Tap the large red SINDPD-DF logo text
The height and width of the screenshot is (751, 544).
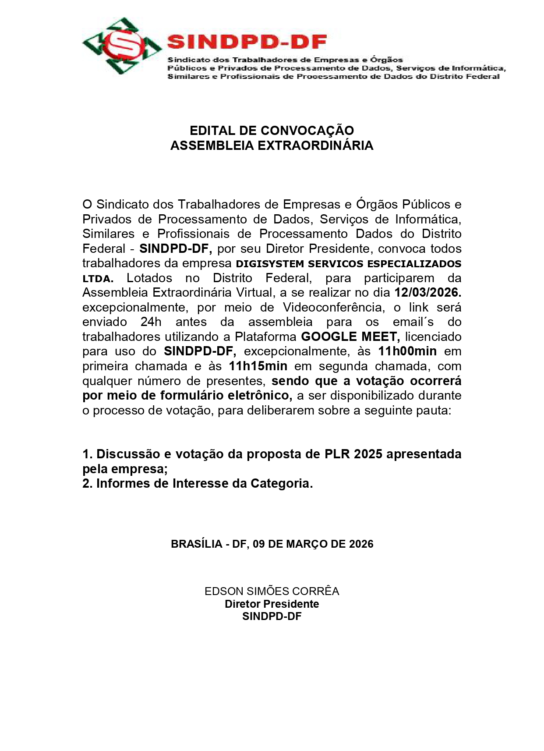247,42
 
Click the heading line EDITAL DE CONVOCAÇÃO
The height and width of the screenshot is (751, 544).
272,131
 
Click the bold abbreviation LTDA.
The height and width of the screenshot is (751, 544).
98,279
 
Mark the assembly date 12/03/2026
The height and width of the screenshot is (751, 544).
427,293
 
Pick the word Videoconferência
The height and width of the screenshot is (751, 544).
333,308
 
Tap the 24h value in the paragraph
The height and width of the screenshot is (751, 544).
151,322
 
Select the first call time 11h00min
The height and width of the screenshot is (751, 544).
407,351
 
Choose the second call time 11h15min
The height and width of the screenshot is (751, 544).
258,366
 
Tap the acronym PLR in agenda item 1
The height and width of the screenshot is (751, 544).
337,454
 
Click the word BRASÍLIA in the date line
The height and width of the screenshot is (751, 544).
196,544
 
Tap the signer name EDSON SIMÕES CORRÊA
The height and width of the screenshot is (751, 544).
272,592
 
